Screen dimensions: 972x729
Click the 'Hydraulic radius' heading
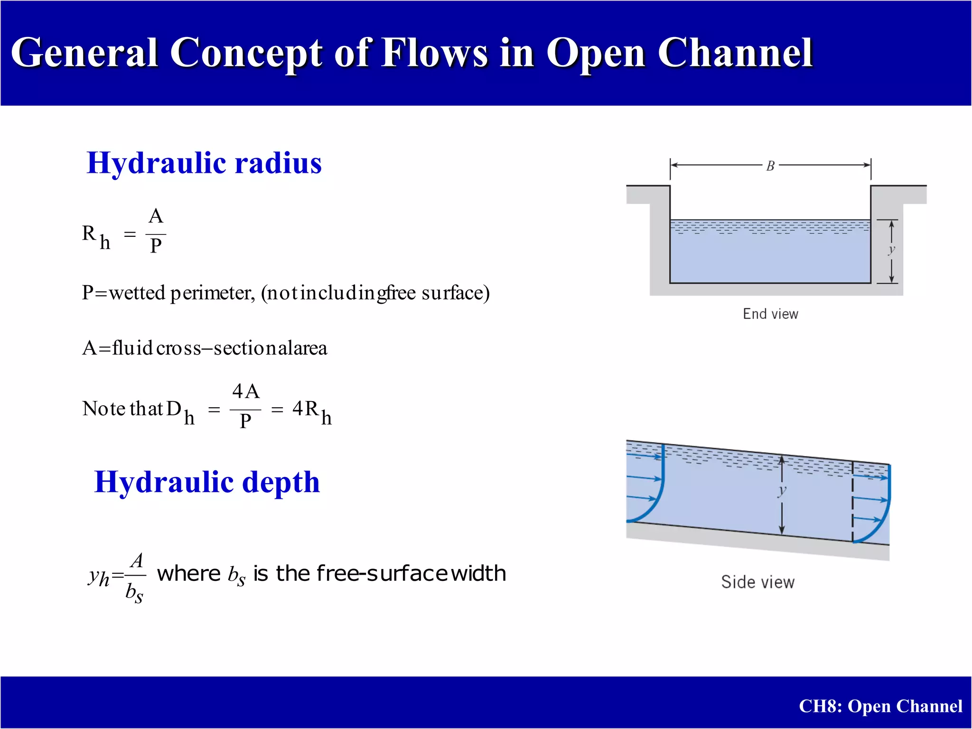(x=204, y=163)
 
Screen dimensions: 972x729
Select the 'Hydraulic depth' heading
(x=207, y=482)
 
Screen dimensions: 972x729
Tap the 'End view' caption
(x=770, y=314)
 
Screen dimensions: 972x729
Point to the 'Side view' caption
(x=757, y=582)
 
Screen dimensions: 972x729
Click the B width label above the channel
(x=770, y=166)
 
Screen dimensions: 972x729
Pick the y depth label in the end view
(x=892, y=250)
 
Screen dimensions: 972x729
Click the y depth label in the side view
(x=782, y=491)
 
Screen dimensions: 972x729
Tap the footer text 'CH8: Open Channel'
(x=880, y=706)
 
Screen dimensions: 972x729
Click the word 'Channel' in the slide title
(x=735, y=53)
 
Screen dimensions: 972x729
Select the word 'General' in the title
(x=84, y=53)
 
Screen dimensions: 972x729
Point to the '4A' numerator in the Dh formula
(x=246, y=392)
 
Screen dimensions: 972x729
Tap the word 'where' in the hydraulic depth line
(x=188, y=573)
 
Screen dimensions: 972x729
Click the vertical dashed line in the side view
(x=853, y=502)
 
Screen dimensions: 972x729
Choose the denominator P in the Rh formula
(x=156, y=246)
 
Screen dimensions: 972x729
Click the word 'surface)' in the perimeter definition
(x=456, y=293)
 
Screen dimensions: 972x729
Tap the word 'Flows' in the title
(x=435, y=53)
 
